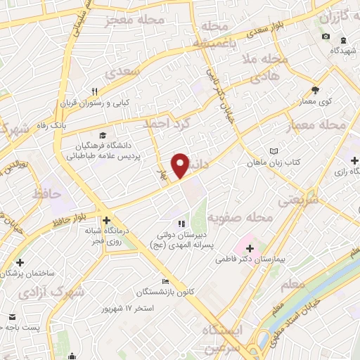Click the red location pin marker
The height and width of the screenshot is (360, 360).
(x=181, y=165)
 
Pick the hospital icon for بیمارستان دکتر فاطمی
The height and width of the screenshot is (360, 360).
(x=250, y=248)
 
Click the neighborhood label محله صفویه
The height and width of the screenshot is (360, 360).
(x=245, y=219)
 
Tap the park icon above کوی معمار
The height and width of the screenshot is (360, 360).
(x=315, y=90)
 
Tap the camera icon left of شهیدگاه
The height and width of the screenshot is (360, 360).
(x=325, y=37)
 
